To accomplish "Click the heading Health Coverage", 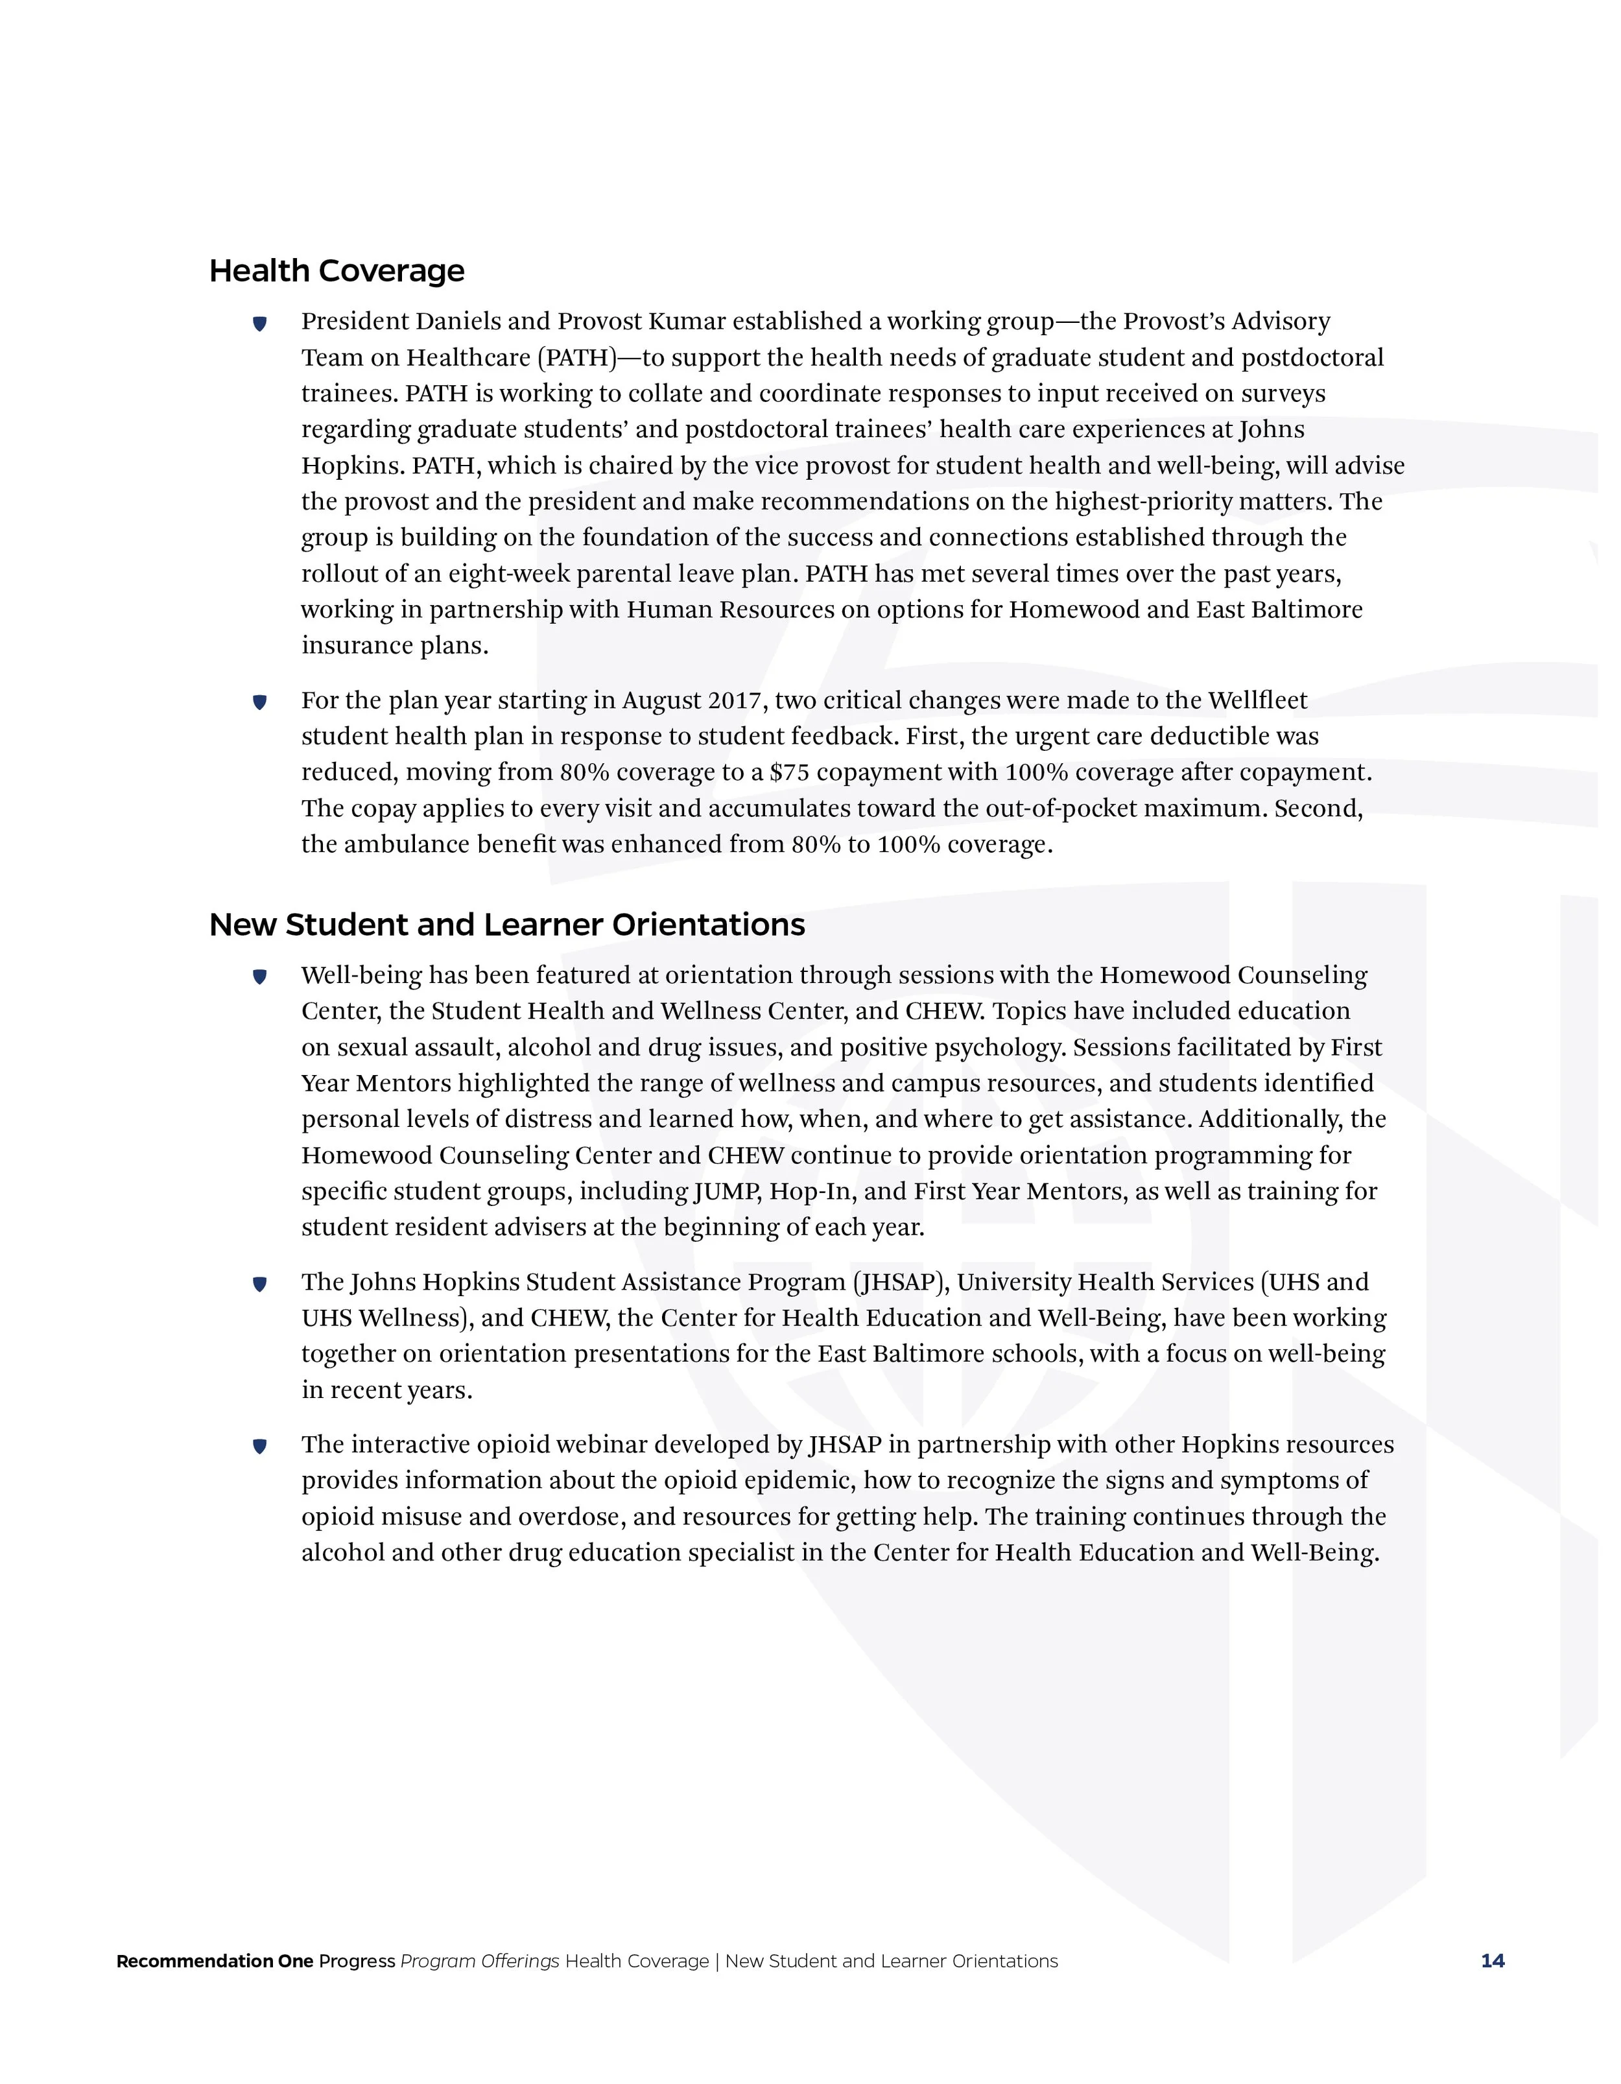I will (x=336, y=271).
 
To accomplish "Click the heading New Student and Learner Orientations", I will (x=506, y=925).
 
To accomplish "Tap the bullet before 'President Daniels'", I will (x=259, y=324).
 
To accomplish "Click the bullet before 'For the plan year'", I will (x=259, y=702).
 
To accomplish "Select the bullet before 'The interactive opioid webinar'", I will (x=259, y=1447).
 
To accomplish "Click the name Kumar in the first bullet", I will (x=687, y=322).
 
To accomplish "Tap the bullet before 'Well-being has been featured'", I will (x=259, y=977).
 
